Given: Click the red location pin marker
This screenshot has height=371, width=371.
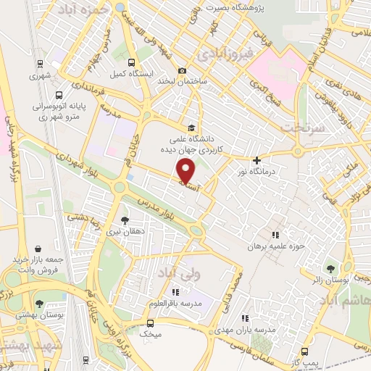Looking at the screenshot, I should tap(186, 170).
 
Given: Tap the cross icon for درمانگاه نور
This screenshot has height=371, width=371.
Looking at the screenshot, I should tap(256, 160).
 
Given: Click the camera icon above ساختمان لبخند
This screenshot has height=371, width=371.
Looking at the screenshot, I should tap(182, 70).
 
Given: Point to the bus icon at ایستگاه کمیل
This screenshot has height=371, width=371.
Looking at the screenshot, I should tap(131, 62).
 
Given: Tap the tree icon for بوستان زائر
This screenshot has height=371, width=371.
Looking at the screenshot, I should tap(333, 270).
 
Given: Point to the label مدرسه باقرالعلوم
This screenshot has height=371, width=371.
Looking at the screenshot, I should tap(173, 302).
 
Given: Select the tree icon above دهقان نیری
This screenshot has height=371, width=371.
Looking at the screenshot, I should tap(125, 220).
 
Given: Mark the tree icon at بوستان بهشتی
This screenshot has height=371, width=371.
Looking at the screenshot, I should tap(38, 304).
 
